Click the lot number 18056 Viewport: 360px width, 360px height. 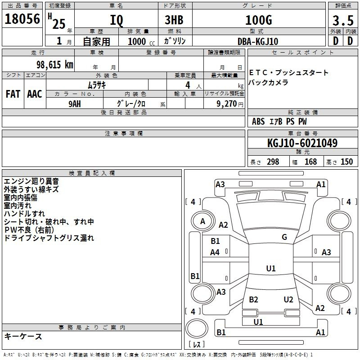[x=22, y=19]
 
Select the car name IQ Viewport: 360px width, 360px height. [x=117, y=20]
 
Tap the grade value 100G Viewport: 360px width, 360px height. [x=259, y=20]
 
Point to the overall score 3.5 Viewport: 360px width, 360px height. [x=343, y=20]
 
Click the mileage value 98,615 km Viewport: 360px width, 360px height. [x=55, y=65]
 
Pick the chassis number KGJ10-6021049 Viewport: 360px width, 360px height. [x=302, y=143]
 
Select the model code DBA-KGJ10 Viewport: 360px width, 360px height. [x=257, y=41]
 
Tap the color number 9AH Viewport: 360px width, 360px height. [x=75, y=104]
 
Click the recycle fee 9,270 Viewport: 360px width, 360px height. [x=227, y=104]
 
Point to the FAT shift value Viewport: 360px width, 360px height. [x=13, y=94]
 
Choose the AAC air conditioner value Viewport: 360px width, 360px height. [x=35, y=94]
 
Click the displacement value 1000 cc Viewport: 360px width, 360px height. [x=141, y=41]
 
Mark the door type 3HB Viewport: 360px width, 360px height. [x=174, y=20]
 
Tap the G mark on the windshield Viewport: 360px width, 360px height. [x=284, y=237]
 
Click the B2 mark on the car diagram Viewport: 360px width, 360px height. [x=253, y=299]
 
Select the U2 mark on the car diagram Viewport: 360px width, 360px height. [x=288, y=299]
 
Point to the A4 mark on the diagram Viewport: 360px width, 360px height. [x=215, y=252]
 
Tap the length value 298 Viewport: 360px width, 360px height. [x=273, y=162]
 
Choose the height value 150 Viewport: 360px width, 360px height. [x=346, y=162]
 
